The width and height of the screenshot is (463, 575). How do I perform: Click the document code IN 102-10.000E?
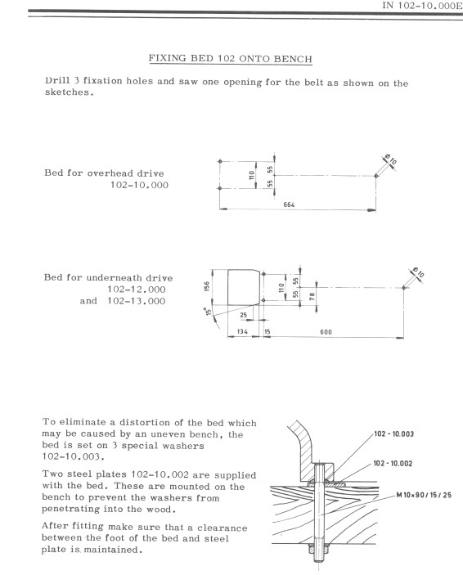point(422,6)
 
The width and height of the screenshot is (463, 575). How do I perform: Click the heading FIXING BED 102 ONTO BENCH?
point(231,59)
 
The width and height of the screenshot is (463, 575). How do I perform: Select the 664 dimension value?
point(289,204)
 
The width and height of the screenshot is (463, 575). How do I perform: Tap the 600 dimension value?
point(326,332)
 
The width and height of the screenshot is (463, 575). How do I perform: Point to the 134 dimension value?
point(242,331)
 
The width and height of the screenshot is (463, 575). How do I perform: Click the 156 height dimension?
point(207,287)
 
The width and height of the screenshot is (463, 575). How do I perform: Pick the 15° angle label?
point(209,312)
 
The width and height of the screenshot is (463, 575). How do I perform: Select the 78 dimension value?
point(312,297)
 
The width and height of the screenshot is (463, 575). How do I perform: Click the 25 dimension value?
point(244,315)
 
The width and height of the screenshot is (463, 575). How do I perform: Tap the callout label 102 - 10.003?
point(393,433)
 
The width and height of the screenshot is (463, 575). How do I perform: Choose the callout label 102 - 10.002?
point(393,464)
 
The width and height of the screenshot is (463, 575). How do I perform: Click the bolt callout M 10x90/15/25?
point(424,495)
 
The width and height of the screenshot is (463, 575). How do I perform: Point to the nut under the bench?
point(318,550)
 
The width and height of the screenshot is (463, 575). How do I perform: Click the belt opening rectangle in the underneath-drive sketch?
point(228,288)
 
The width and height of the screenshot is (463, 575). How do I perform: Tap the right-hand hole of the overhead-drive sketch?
point(376,176)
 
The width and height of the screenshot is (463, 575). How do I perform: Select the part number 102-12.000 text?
point(137,290)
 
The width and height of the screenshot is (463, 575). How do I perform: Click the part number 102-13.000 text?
point(137,301)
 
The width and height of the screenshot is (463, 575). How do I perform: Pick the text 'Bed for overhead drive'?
point(104,173)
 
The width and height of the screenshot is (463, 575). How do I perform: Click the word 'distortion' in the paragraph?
point(144,422)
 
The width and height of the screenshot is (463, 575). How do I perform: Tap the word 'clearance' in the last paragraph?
point(222,528)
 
